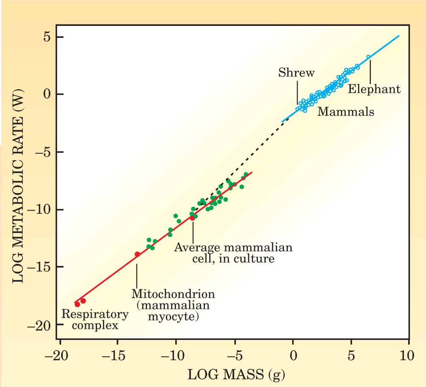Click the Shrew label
pos(296,73)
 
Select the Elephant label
pos(374,89)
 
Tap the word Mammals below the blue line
pos(346,112)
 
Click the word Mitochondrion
pos(173,294)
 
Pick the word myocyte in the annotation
pos(176,317)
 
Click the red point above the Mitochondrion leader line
pos(137,254)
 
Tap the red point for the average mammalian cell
pos(192,218)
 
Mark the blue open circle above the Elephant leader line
pos(368,57)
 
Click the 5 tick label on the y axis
pos(46,37)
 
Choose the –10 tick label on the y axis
pos(41,210)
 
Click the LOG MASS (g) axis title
pos(237,375)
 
